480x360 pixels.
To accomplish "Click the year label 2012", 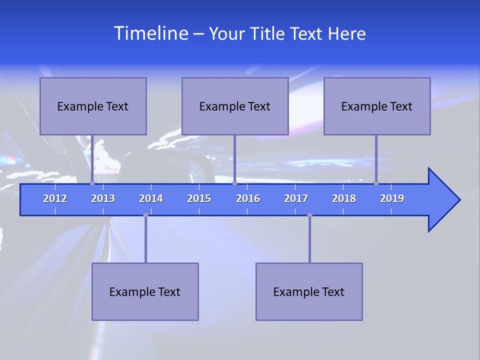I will click(x=55, y=198).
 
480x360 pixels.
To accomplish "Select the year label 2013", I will click(x=103, y=198).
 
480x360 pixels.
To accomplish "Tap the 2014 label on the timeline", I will click(x=151, y=198).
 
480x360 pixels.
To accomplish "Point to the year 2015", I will click(x=199, y=198).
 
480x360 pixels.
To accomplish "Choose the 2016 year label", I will click(x=248, y=198).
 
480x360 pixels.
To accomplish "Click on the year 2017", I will click(x=296, y=198).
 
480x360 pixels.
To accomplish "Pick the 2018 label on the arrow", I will click(x=344, y=198).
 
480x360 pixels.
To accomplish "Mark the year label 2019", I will click(x=392, y=198).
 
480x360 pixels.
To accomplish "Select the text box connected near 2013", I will click(x=93, y=106).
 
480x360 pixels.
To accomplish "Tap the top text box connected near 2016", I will click(x=235, y=106).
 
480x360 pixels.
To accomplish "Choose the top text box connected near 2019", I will click(x=377, y=106).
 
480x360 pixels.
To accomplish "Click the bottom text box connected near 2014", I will click(x=145, y=291).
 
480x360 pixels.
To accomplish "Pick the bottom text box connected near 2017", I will click(x=309, y=291).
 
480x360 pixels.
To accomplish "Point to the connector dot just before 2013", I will click(x=92, y=183).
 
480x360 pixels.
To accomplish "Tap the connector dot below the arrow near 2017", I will click(x=309, y=215).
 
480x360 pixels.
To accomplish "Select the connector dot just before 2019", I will click(x=376, y=183).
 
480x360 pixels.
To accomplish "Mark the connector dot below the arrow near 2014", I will click(x=145, y=215).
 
